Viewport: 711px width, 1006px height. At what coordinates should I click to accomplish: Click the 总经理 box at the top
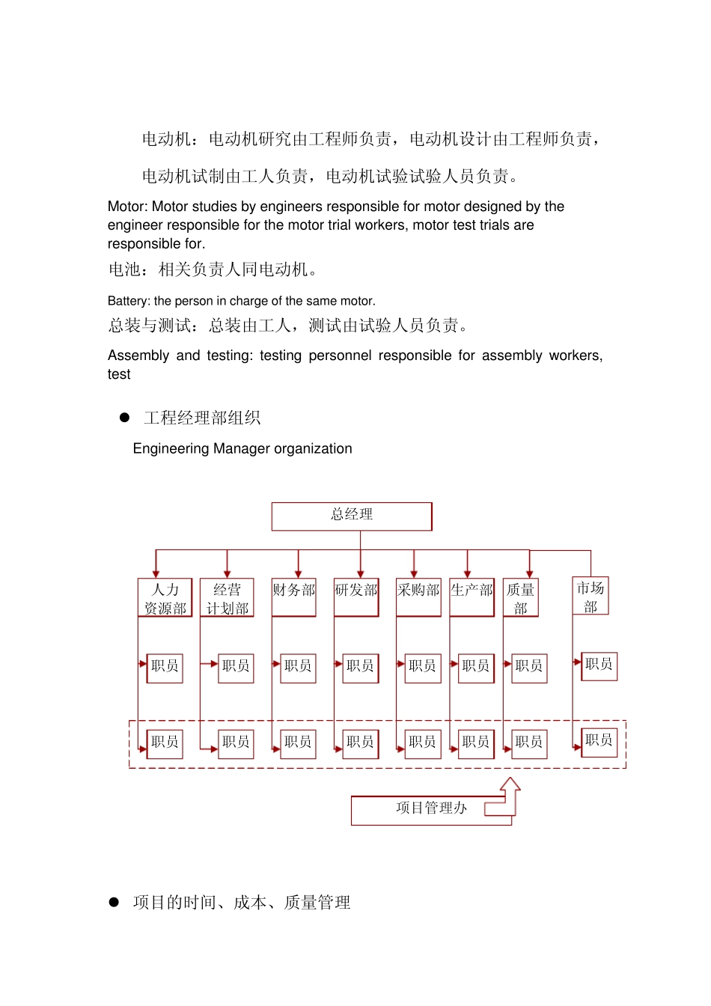pos(352,516)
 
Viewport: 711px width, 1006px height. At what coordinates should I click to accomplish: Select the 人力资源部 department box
pos(165,597)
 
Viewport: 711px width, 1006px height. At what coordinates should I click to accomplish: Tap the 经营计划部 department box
pos(227,597)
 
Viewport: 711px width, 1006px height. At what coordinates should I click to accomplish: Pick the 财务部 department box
pos(293,597)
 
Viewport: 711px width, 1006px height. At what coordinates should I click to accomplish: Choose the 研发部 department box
pos(356,597)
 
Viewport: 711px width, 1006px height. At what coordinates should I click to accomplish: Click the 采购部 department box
pos(418,597)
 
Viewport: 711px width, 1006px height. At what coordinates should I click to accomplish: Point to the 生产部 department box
pos(472,597)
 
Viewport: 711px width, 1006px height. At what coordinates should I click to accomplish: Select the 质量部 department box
pos(520,597)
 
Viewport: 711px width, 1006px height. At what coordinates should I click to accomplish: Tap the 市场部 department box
pos(591,596)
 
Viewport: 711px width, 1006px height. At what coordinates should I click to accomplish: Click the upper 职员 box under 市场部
pos(599,665)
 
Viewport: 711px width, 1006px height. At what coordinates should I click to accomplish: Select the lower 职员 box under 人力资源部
pos(165,743)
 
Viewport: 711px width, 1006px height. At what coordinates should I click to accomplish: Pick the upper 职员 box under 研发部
pos(360,667)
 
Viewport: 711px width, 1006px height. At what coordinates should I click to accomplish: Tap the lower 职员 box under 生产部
pos(475,743)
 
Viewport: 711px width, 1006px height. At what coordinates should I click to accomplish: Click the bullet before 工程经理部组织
pos(125,418)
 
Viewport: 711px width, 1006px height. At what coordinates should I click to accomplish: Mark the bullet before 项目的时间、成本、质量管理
pos(114,902)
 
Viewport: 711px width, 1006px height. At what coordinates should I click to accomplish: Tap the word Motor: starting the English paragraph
pos(127,207)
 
